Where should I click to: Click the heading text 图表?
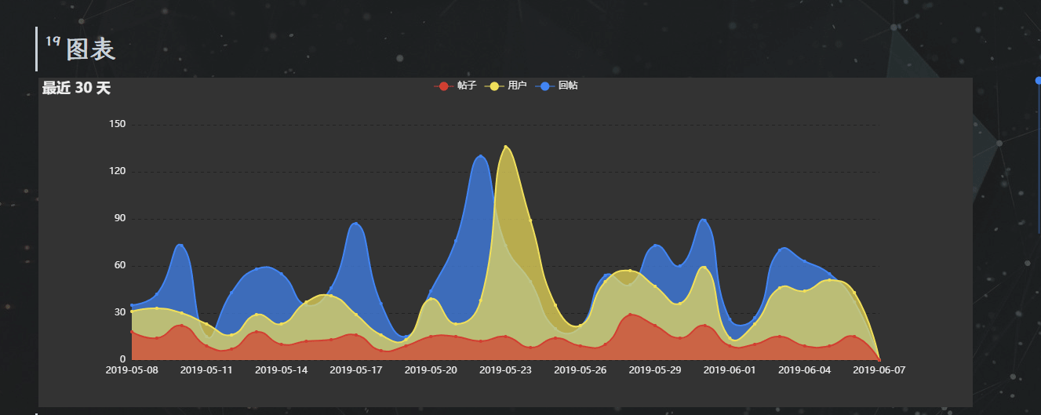click(90, 49)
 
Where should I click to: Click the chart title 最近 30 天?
click(76, 88)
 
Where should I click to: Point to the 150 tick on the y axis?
click(117, 124)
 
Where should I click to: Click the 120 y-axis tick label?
click(117, 171)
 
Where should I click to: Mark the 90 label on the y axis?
click(120, 218)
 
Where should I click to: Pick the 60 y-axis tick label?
click(120, 265)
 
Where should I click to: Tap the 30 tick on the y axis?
click(120, 312)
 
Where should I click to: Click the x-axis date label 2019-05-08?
click(132, 369)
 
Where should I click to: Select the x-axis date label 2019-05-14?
click(282, 369)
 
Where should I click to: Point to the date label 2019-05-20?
click(431, 369)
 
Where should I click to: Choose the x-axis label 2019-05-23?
click(505, 369)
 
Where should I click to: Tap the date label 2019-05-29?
click(655, 369)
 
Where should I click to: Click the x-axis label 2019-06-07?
click(879, 369)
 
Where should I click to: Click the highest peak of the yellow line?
click(506, 147)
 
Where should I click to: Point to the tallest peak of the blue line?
click(480, 156)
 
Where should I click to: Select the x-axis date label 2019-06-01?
click(730, 369)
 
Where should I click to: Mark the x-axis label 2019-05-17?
click(356, 369)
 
